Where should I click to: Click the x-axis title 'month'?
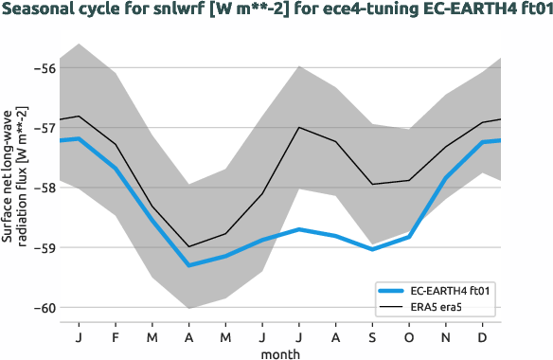281,352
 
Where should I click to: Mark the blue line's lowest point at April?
189,265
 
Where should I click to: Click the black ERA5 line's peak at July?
299,127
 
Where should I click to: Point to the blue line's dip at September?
372,249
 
